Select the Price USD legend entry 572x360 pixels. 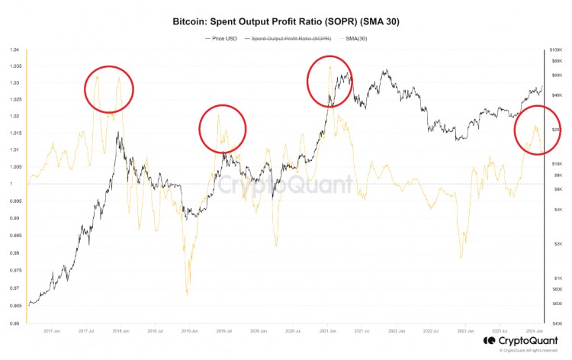[223, 37]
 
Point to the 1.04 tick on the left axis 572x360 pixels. [14, 50]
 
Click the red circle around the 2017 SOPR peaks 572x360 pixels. [109, 90]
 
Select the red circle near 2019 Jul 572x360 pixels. [223, 128]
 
